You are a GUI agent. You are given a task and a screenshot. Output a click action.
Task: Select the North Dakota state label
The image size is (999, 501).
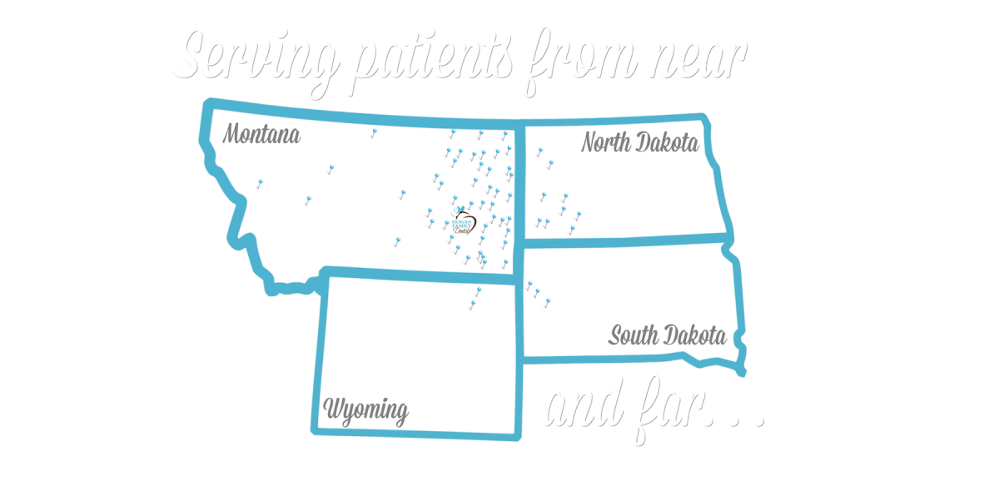click(639, 143)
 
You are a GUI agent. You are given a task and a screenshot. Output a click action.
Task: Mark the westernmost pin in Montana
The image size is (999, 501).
click(261, 181)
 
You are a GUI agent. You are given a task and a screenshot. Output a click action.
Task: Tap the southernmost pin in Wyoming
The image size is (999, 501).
click(473, 298)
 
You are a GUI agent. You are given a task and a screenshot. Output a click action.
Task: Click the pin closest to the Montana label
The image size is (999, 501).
click(331, 167)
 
